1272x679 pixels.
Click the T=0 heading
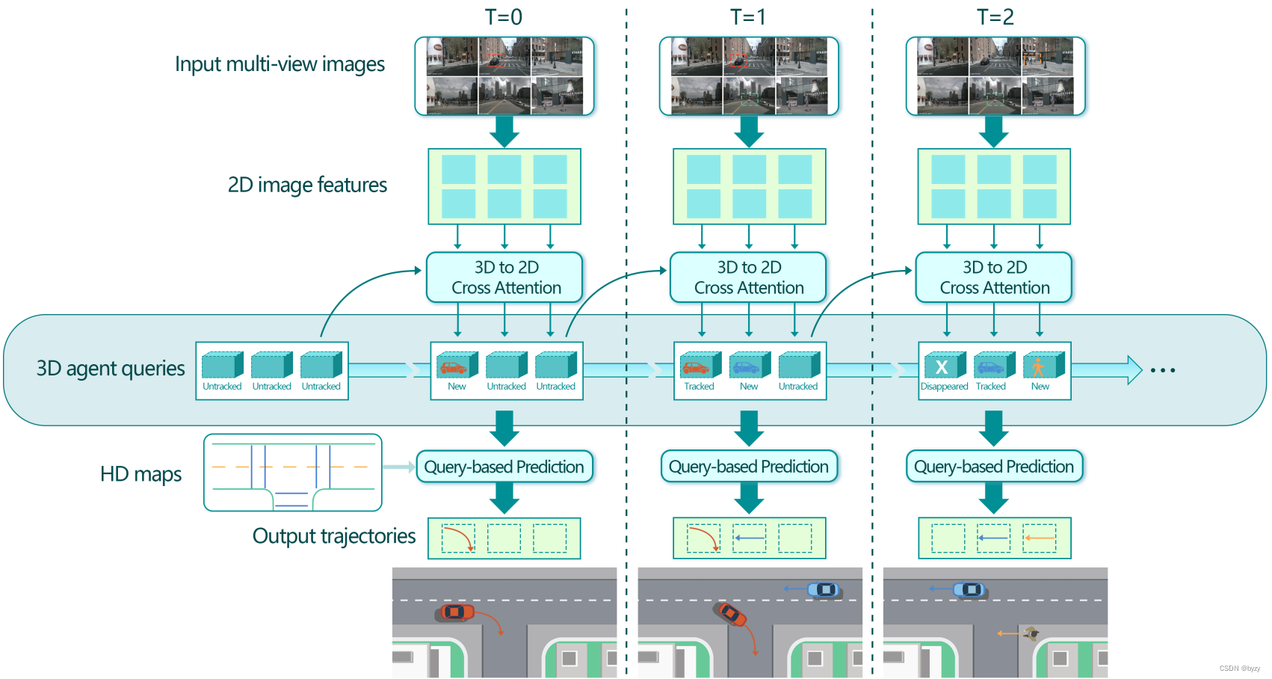504,16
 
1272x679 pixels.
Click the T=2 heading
995,16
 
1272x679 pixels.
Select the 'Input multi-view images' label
280,64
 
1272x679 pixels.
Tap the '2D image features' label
307,185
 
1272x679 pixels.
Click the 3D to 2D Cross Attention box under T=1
748,277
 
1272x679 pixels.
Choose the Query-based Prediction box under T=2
993,467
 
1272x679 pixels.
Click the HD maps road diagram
293,473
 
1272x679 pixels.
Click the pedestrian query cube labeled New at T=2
1041,366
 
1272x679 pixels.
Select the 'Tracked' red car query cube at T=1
698,366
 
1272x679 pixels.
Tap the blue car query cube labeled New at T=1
748,366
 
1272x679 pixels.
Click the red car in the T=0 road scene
454,612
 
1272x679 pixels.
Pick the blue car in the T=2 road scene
969,590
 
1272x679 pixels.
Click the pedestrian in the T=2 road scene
1032,633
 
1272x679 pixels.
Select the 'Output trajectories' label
333,536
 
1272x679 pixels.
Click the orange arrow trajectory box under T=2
1040,538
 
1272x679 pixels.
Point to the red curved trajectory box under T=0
459,538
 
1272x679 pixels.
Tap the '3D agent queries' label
111,369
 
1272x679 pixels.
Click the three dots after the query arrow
1163,370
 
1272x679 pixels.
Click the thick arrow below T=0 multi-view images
504,131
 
